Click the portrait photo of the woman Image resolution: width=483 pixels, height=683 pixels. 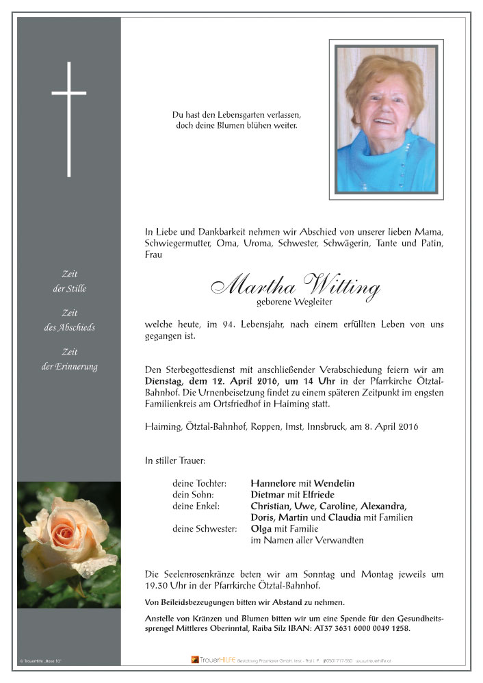point(386,119)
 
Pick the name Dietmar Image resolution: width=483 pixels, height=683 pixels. point(270,495)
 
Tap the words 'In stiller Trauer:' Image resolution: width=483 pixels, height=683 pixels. point(175,461)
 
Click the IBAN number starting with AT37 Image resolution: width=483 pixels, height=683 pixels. point(379,628)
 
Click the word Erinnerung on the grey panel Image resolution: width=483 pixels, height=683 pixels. point(76,366)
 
